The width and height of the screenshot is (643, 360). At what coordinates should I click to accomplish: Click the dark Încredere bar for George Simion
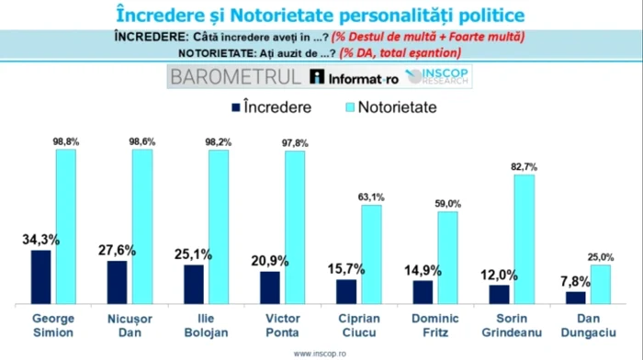point(40,276)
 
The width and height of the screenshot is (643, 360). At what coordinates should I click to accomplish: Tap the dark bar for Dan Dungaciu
point(575,298)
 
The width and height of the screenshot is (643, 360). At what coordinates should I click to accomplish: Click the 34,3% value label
point(40,240)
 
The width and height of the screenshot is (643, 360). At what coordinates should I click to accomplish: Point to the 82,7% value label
point(524,166)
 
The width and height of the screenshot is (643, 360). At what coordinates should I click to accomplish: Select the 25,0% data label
point(600,256)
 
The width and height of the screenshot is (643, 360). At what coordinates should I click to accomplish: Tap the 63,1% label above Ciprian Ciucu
point(371,196)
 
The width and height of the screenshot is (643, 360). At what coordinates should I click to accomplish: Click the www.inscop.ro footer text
point(321,353)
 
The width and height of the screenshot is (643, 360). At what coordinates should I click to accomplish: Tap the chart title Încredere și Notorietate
point(321,15)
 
